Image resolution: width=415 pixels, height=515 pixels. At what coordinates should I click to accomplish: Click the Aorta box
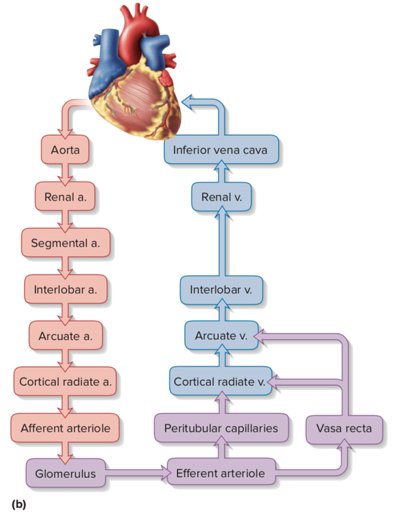65,150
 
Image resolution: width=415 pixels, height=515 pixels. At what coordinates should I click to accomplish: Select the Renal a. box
65,197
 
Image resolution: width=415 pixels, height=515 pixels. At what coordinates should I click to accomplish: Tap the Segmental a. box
65,243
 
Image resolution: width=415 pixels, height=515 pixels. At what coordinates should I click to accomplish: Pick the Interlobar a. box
65,289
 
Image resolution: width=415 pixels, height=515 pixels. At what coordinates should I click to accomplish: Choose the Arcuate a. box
65,336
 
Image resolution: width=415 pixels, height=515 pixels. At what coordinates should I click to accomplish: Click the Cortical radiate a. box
66,381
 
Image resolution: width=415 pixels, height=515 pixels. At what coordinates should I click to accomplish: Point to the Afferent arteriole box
65,428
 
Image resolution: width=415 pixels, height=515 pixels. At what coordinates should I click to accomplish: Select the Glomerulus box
65,474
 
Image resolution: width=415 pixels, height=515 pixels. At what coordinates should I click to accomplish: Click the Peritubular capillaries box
221,428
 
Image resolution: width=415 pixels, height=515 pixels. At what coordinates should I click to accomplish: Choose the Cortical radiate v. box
220,381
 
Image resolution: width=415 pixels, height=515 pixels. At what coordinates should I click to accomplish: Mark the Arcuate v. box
221,336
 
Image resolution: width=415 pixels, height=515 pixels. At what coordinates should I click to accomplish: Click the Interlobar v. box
221,289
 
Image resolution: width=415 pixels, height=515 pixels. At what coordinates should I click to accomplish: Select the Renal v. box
221,197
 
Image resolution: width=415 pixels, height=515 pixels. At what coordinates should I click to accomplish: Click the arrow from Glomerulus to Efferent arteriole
138,474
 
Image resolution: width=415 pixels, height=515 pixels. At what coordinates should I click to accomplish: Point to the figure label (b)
18,505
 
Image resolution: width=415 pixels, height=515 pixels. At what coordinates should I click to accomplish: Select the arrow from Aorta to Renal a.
65,173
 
